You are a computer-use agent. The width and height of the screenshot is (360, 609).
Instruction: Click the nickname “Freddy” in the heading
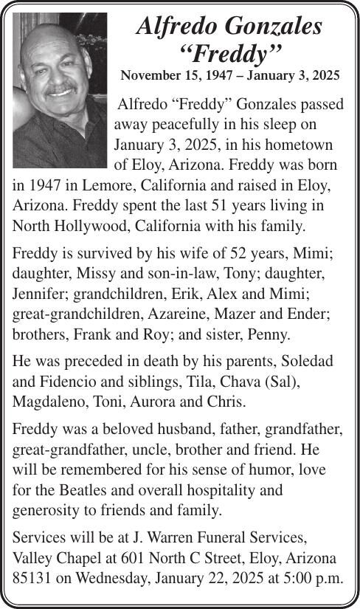(x=231, y=52)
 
